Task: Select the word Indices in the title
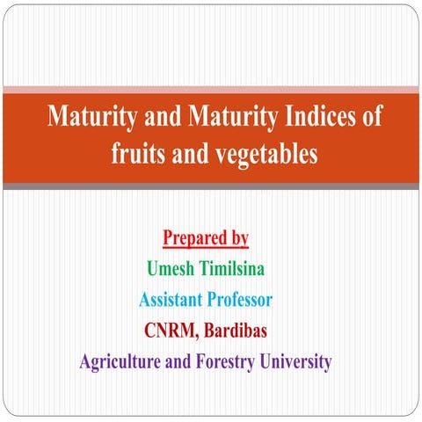[324, 116]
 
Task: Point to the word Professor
[239, 299]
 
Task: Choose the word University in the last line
[301, 361]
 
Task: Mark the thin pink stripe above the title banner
[211, 89]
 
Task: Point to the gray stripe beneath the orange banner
[211, 186]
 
